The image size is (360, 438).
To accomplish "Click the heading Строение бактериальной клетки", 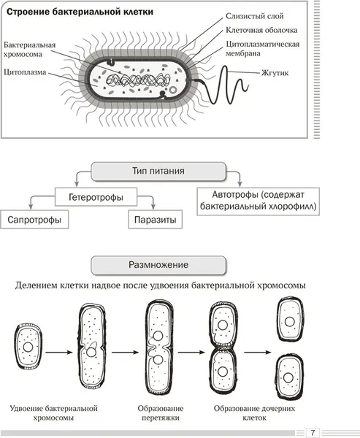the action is pos(80,12).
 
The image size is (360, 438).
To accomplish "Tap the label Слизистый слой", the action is pos(255,16).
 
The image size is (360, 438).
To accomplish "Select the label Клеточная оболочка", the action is pos(261,30).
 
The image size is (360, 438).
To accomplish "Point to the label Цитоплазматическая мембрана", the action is pos(262,49).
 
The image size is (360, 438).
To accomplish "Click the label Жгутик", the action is pos(275,73).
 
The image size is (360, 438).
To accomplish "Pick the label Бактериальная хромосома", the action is pos(30,50).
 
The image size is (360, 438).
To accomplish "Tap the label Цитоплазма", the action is pos(25,72).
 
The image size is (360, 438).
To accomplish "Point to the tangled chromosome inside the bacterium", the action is pos(138,80).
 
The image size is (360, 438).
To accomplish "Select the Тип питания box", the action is pos(158,171).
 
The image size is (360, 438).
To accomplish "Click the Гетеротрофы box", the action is pos(96,197).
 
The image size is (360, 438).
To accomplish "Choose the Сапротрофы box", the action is pos(34,220).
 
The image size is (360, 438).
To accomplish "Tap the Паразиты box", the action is pos(155,220).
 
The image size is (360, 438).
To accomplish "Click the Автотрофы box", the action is pos(258,201).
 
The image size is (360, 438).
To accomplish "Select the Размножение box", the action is pos(158,265).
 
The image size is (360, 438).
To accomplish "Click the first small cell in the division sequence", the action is pos(28,347).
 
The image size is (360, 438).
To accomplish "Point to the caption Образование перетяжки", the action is pos(161,413).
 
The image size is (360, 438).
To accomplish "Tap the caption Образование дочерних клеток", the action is pos(254,413).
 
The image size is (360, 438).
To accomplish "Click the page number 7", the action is pos(313,433).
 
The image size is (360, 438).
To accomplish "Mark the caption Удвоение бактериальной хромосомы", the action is pos(53,413).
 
